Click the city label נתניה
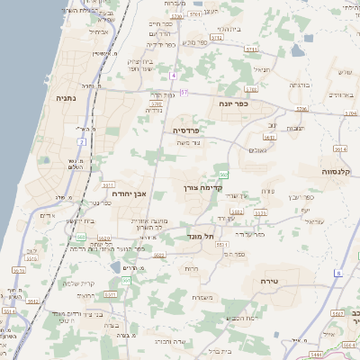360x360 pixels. tap(66, 98)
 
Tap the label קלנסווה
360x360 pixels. tap(339, 170)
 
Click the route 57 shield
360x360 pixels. tap(184, 92)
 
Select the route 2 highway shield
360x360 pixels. tap(81, 141)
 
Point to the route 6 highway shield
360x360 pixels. tap(338, 272)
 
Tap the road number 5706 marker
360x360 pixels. tap(301, 108)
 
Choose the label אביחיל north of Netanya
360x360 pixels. tap(99, 31)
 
